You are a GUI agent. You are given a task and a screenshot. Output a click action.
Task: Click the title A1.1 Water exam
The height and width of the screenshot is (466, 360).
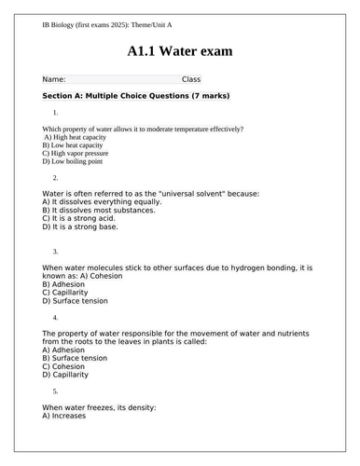180,50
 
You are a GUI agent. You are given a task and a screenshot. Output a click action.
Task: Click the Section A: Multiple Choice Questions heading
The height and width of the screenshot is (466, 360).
136,96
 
